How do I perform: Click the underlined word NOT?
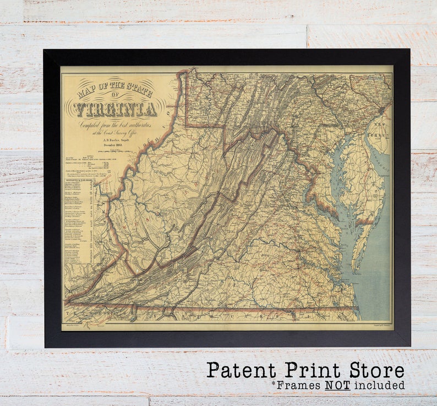(x=337, y=385)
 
